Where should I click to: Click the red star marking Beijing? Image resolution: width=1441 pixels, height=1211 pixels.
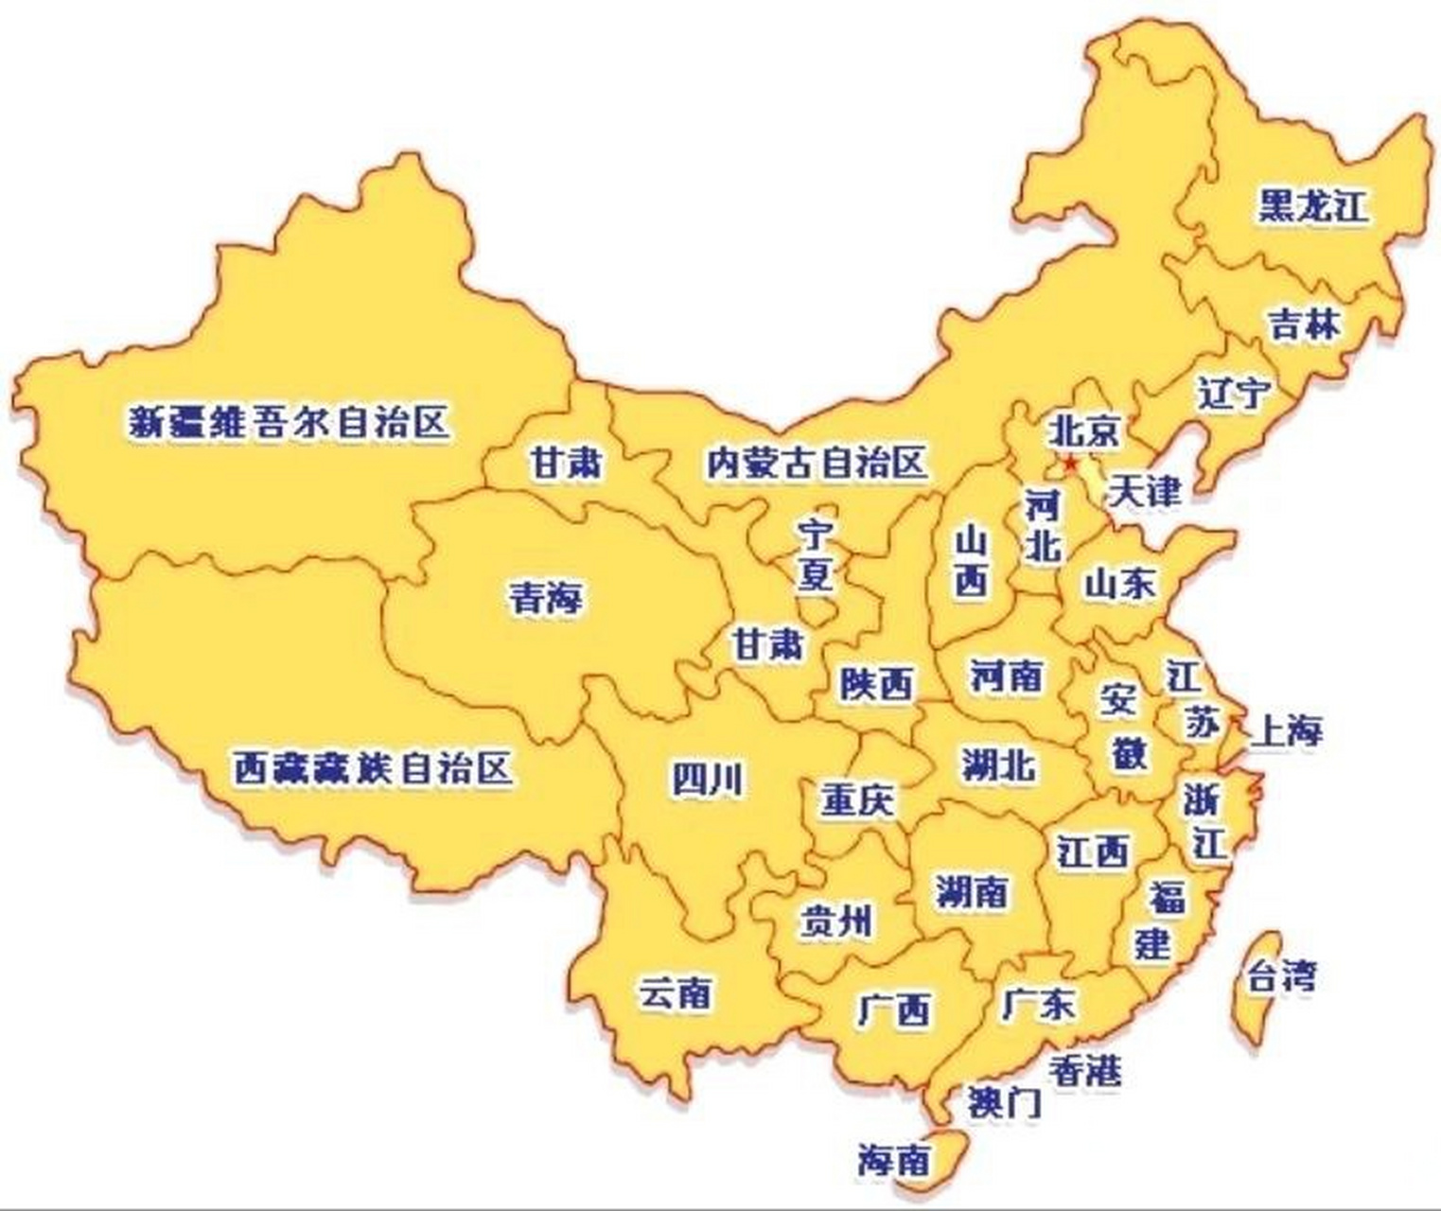pos(1070,464)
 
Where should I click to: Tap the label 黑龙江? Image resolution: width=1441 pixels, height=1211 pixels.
pos(1313,205)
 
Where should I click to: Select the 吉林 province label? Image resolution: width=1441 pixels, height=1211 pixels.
pos(1305,325)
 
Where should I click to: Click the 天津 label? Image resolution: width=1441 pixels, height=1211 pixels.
pos(1144,490)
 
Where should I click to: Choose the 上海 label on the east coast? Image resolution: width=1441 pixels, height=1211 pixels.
pos(1286,730)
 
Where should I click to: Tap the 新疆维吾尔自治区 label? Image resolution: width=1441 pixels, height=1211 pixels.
pos(289,422)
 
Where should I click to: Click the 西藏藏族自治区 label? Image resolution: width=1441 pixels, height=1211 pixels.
pos(373,768)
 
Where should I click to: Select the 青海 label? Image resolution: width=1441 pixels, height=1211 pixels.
pos(546,598)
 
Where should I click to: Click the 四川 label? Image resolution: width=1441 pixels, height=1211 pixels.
pos(707,780)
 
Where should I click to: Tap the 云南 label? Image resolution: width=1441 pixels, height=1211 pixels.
pos(675,993)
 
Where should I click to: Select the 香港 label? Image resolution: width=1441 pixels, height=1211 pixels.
pos(1084,1070)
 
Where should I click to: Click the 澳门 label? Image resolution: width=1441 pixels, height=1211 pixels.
pos(1003,1102)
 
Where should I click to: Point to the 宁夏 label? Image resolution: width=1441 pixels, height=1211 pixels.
pos(814,555)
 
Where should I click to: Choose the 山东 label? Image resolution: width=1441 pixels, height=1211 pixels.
pos(1119,584)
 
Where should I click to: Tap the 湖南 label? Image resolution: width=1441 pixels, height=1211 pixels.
pos(972,891)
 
